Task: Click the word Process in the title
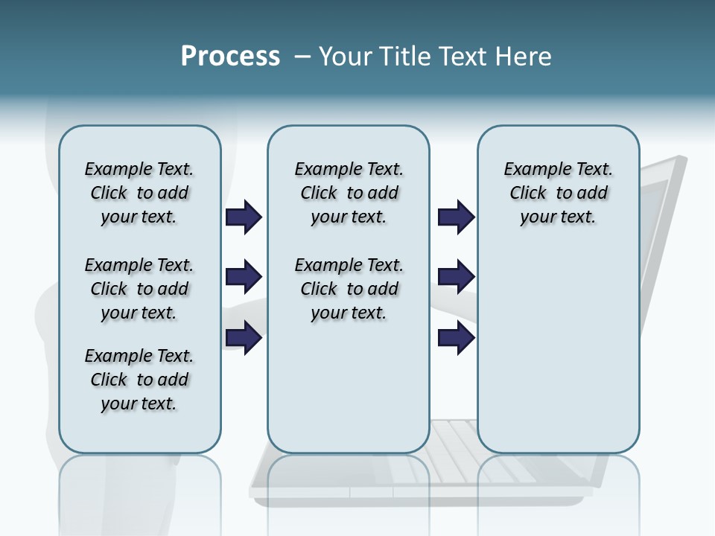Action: coord(230,57)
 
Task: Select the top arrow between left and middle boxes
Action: coord(244,217)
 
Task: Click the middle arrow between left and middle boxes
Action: coord(244,278)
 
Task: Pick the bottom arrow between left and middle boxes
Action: coord(244,338)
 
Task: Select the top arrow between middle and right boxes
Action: coord(456,217)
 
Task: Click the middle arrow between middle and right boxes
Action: coord(456,278)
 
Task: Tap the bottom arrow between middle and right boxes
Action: coord(456,338)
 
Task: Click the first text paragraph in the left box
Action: coord(139,193)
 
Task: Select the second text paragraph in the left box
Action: coord(139,289)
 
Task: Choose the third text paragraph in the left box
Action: coord(139,380)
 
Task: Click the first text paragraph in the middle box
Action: coord(349,193)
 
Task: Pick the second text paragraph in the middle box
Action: coord(349,289)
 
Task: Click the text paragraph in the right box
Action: coord(558,193)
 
